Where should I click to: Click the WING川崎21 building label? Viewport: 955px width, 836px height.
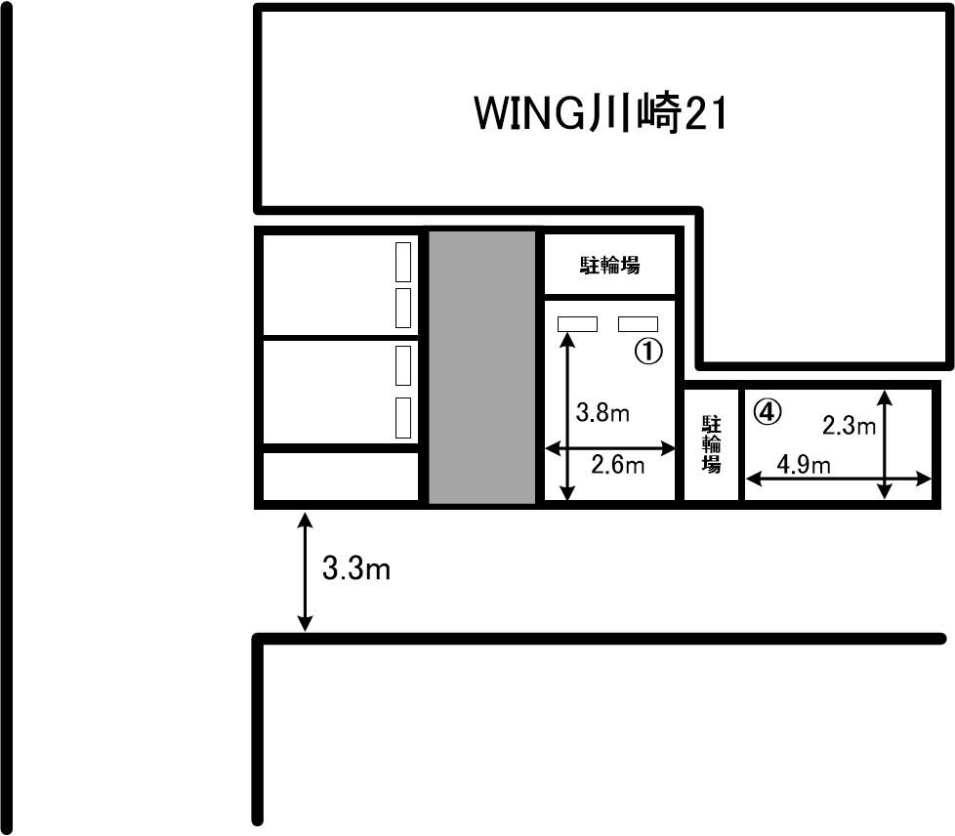click(601, 113)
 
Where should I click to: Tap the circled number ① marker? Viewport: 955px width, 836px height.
click(649, 351)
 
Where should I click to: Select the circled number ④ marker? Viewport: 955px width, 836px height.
click(768, 412)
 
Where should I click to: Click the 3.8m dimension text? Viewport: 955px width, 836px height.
click(602, 413)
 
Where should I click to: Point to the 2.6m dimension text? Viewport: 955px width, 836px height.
click(617, 466)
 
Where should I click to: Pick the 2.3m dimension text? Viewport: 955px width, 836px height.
click(849, 425)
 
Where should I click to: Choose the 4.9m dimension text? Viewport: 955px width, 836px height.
click(804, 466)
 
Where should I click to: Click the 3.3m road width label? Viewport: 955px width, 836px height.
click(356, 569)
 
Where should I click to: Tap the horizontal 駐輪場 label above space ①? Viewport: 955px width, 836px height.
click(609, 266)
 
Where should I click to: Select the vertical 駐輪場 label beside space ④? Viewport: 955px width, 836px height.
click(712, 444)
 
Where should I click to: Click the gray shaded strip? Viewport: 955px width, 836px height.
click(482, 367)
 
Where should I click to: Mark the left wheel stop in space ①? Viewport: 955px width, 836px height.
click(577, 324)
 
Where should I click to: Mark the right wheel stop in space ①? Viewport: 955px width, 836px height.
click(639, 324)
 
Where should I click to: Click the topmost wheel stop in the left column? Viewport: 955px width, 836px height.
click(403, 262)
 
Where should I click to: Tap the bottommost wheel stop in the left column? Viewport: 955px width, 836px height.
click(403, 418)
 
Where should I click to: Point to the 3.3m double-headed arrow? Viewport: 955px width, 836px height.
click(305, 572)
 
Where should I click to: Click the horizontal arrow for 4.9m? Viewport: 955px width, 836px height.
click(839, 480)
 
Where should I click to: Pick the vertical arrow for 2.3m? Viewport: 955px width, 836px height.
click(885, 444)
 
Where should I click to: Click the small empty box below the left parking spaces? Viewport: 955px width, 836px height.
click(341, 476)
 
